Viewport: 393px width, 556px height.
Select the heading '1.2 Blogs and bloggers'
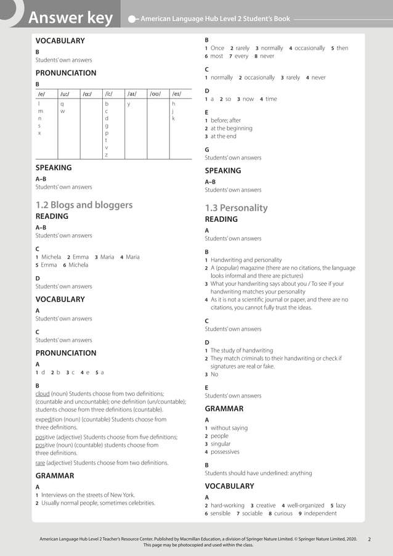click(x=84, y=205)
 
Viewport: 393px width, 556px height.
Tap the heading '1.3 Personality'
click(x=236, y=208)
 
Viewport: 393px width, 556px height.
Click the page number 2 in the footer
click(x=369, y=539)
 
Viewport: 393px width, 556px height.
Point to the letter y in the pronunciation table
click(x=129, y=104)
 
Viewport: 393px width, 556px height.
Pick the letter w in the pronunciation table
click(x=62, y=112)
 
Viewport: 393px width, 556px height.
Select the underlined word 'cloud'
click(x=43, y=393)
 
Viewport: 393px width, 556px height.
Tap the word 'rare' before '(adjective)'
click(x=41, y=462)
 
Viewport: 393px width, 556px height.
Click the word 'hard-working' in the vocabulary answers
click(x=227, y=505)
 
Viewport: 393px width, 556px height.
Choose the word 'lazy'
click(x=341, y=505)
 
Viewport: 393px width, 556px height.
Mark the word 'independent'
click(x=320, y=513)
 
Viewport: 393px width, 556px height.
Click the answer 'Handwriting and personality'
click(x=246, y=260)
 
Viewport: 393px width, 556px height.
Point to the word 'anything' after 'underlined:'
click(x=299, y=473)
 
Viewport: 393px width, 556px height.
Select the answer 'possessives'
click(x=225, y=452)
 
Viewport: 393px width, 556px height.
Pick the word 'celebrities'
click(x=139, y=503)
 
